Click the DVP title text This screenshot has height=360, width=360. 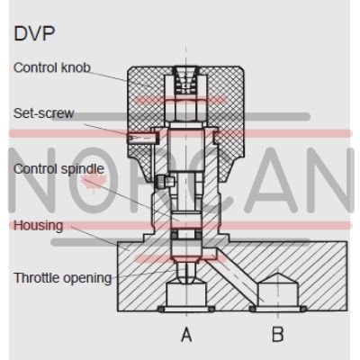coord(34,33)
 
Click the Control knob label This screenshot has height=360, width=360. coord(52,67)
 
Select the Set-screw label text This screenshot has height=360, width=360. coord(43,113)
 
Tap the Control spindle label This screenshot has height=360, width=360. coord(58,169)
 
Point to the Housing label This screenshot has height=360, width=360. coord(39,225)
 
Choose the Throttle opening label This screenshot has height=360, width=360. coord(63,278)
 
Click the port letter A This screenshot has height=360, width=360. coord(186,335)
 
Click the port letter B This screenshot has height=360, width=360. coord(278,335)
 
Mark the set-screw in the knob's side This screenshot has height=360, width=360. coord(142,138)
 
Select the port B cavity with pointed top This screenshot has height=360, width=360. coord(278,291)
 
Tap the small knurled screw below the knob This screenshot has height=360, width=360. coord(165,181)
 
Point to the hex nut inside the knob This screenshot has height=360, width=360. coord(185,109)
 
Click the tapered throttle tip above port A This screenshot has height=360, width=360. coord(186,273)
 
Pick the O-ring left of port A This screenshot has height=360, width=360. coord(161,310)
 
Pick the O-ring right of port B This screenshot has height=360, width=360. coord(303,309)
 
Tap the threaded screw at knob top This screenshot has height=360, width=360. coord(185,79)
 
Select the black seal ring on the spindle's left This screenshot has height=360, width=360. coord(174,235)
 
